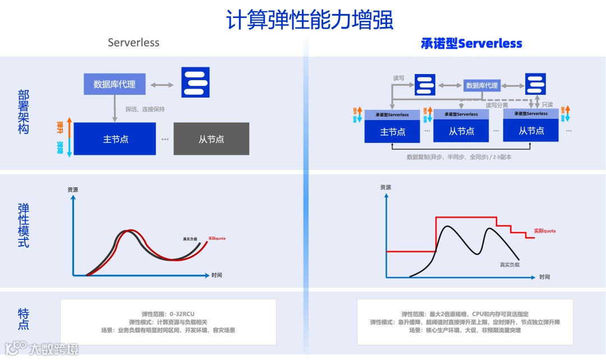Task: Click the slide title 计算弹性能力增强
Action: tap(309, 20)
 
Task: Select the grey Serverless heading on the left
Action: tap(134, 43)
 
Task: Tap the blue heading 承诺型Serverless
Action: tap(471, 43)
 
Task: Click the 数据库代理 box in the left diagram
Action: tap(114, 84)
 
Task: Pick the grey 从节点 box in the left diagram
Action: tap(211, 139)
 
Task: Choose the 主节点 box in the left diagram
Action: tap(115, 139)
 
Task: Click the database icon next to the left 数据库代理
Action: tap(195, 82)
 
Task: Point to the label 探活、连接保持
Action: tap(145, 109)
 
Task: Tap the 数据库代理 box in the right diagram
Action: tap(481, 85)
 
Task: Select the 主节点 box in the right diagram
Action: tap(393, 132)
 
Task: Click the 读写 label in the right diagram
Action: tap(398, 78)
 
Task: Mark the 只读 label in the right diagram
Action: tap(547, 104)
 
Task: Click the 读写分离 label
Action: tap(497, 105)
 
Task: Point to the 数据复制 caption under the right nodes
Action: tap(459, 158)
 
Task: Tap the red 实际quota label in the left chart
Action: tap(217, 238)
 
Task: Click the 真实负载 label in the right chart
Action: tap(509, 264)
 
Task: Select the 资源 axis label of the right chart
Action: tap(385, 187)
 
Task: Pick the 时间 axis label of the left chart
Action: tap(217, 275)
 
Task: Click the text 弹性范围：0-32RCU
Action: tap(168, 314)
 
